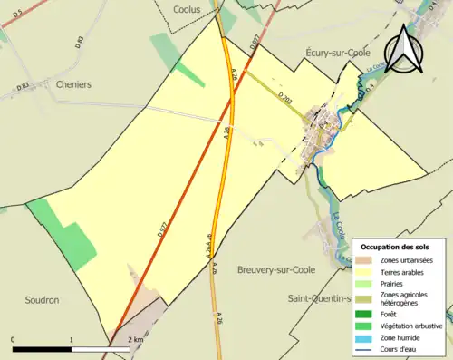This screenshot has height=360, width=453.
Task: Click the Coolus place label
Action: [187, 8]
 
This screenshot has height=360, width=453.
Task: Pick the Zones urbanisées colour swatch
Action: [370, 260]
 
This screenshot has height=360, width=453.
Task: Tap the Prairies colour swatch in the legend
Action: [370, 281]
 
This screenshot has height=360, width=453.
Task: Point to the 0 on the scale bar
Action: [14, 339]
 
